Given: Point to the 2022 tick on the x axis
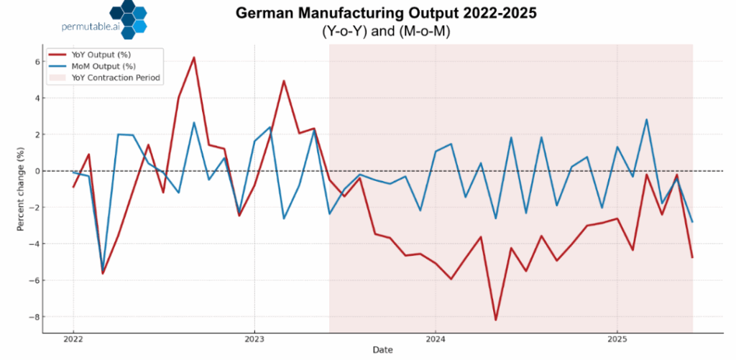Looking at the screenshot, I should coord(73,339).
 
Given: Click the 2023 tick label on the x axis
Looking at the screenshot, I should coord(254,339).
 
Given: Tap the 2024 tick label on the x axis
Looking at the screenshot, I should coord(436,339).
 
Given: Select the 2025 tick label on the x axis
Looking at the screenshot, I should coord(617,339).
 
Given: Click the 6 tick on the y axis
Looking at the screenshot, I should coord(33,62).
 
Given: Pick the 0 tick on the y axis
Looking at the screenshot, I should coord(33,171).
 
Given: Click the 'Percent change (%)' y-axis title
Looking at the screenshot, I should coord(21,189).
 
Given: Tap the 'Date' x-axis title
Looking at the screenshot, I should coord(382,350).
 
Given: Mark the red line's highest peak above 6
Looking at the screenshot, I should coord(194,57).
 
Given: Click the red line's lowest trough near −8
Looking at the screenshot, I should coord(496,320).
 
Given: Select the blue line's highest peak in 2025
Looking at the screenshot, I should coord(647,120).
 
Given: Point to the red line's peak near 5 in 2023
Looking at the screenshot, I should coord(284,81).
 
